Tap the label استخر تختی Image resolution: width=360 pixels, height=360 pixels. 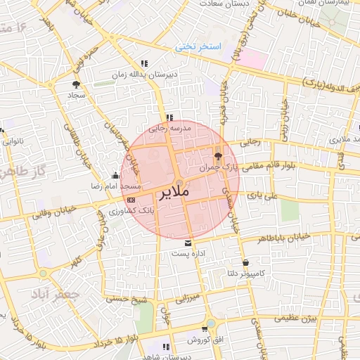[x=198, y=47]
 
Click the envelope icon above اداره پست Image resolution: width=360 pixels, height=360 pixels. [x=187, y=243]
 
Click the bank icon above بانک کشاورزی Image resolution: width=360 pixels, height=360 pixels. [x=131, y=200]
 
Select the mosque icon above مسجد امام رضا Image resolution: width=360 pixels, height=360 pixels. [x=116, y=176]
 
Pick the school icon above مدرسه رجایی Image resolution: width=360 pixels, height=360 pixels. [x=169, y=117]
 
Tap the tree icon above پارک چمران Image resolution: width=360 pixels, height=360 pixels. [x=217, y=156]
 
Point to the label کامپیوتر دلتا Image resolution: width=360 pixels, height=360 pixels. [x=241, y=273]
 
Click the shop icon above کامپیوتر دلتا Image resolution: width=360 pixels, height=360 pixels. [x=245, y=263]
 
